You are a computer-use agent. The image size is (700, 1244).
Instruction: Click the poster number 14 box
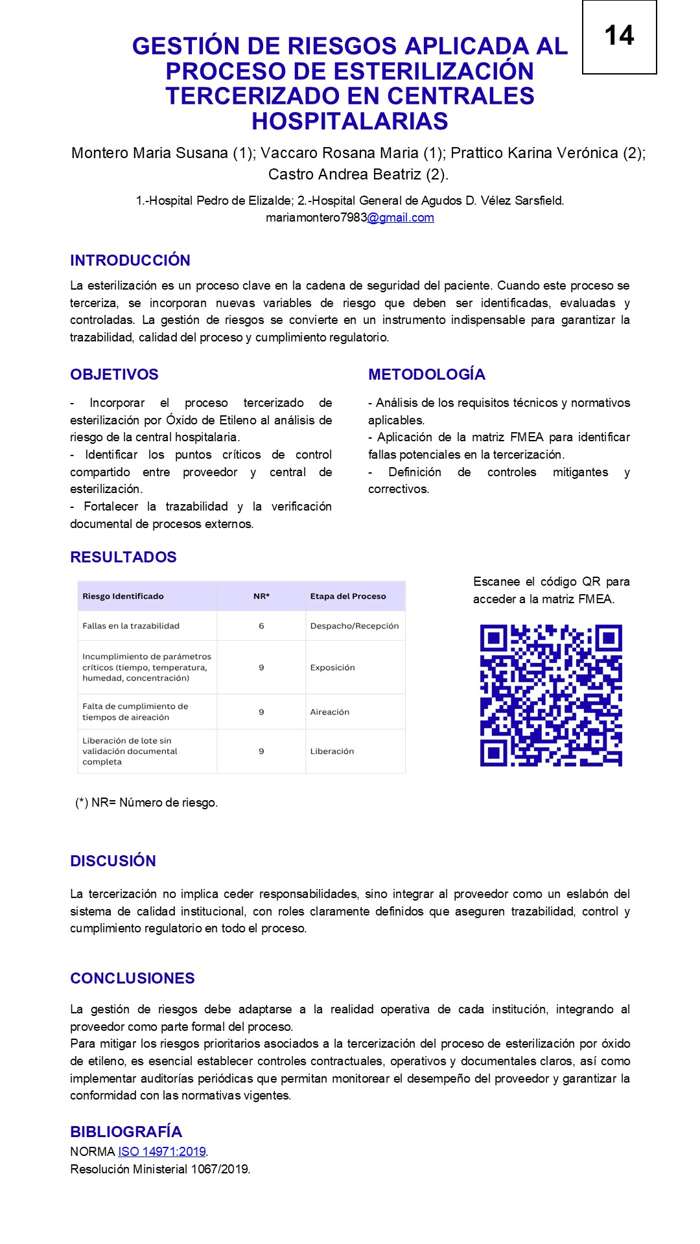[619, 37]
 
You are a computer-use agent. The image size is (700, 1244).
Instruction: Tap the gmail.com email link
[401, 218]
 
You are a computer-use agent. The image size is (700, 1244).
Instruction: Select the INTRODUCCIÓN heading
[130, 260]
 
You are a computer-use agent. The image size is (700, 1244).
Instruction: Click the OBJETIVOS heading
[114, 374]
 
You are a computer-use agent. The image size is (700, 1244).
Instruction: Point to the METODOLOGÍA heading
[426, 374]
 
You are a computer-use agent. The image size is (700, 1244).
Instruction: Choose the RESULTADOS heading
[123, 557]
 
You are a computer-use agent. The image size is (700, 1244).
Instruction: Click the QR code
[551, 695]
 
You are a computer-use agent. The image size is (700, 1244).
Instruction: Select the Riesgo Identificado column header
[123, 596]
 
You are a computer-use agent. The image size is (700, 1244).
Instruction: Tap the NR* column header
[261, 596]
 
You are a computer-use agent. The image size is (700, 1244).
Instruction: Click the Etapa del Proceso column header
[348, 596]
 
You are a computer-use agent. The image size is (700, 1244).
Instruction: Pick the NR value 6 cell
[261, 626]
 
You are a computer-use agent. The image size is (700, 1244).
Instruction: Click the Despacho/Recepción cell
[355, 626]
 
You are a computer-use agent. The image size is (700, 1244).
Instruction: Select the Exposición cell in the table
[332, 667]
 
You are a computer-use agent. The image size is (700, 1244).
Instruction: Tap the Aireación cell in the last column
[330, 712]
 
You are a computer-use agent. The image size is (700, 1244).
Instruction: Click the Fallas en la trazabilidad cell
[131, 626]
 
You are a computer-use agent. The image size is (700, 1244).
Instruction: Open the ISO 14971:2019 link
[162, 1151]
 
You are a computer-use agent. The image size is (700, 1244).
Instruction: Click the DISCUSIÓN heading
[113, 861]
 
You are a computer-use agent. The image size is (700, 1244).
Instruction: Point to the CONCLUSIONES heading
[132, 978]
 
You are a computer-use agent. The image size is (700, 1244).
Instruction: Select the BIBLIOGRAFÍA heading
[126, 1132]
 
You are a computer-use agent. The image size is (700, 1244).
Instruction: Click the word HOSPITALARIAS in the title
[350, 121]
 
